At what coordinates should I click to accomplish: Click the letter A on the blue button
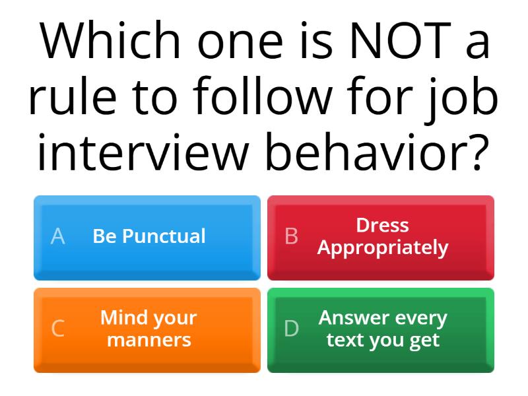click(x=58, y=236)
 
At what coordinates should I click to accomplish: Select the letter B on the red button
click(x=291, y=236)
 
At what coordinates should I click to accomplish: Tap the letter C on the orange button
click(x=58, y=328)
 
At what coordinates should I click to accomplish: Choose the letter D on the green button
click(x=292, y=328)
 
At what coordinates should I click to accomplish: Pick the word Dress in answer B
click(x=382, y=225)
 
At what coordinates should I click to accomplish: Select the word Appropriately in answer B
click(x=382, y=248)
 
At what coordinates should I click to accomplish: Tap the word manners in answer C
click(x=149, y=340)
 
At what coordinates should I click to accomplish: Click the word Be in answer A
click(x=104, y=236)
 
